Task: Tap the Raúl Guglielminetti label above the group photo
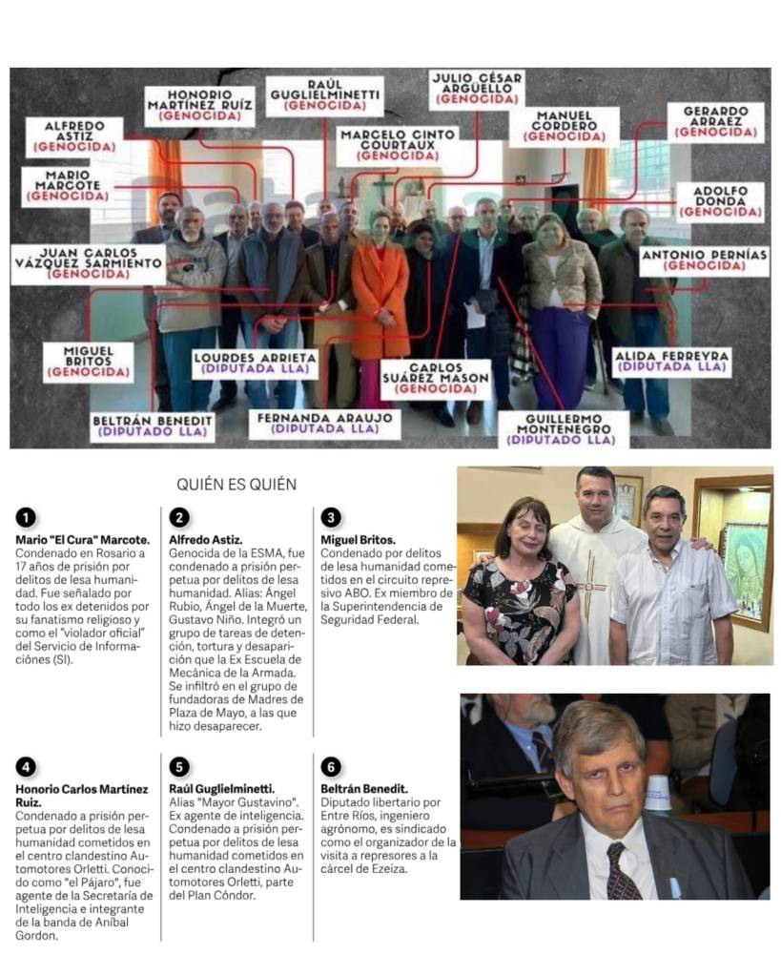point(324,95)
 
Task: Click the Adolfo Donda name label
point(721,200)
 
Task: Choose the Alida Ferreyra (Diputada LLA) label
point(672,361)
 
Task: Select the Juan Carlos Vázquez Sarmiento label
point(88,262)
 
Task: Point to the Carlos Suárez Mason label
point(435,378)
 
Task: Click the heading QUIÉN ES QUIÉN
point(236,484)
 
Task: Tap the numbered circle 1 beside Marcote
point(26,517)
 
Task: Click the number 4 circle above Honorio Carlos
point(26,767)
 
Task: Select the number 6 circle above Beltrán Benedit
point(330,767)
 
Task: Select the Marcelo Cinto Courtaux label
point(399,144)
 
